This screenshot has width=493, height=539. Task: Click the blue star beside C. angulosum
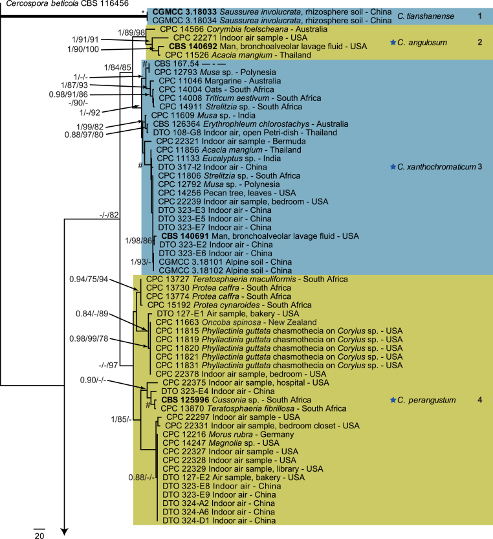point(392,42)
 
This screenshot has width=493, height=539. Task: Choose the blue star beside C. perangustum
point(392,401)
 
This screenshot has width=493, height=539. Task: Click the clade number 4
point(479,401)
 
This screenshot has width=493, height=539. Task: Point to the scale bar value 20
point(39,534)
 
